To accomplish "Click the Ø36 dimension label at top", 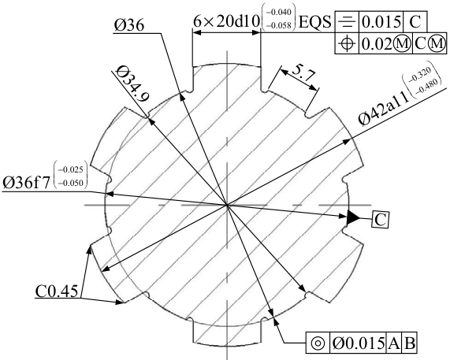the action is coord(129,25).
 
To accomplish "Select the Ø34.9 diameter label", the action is coord(132,84).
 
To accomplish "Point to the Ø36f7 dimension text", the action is coord(27,183).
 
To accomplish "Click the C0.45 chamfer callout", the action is coord(57,291).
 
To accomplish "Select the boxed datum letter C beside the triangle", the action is coord(381,220).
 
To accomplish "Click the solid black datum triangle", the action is coord(353,217).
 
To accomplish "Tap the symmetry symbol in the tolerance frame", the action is coord(347,22).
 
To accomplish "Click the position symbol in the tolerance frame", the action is coord(347,43).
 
